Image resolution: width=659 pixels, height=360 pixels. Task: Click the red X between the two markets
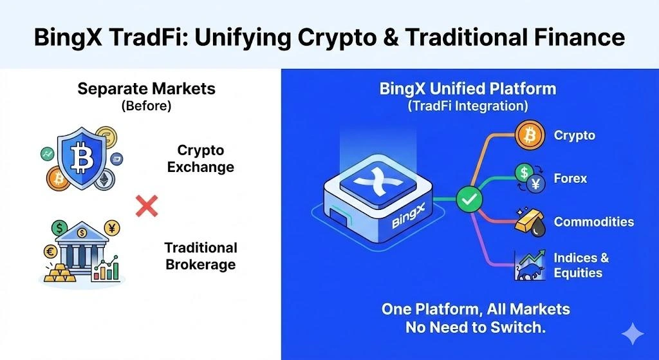pos(147,207)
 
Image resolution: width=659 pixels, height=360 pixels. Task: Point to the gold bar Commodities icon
pos(529,221)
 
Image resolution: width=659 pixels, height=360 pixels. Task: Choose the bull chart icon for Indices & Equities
pos(529,265)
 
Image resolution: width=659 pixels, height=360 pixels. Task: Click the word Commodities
pos(593,222)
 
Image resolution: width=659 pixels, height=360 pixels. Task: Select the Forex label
pos(570,178)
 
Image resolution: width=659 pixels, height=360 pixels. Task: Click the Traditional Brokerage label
pos(200,256)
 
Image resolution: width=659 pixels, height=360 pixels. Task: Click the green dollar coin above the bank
pos(60,227)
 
